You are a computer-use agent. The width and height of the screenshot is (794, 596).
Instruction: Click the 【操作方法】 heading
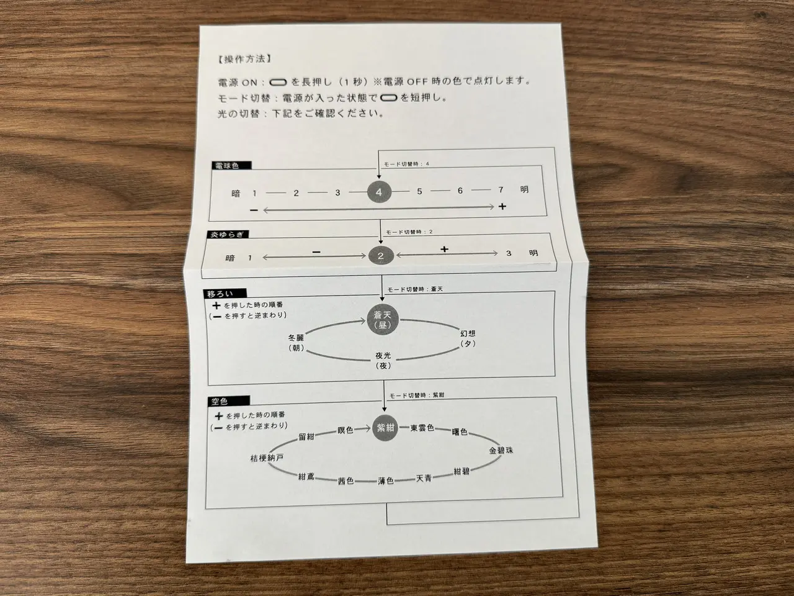[244, 59]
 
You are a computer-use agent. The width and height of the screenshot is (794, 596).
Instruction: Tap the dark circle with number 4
[379, 192]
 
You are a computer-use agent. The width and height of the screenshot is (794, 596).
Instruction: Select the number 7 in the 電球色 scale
[501, 189]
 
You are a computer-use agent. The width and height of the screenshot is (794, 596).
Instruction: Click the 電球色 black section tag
[231, 166]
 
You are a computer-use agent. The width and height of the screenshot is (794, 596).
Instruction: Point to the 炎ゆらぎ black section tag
[228, 235]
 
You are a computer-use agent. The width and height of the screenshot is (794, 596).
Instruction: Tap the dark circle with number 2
[380, 256]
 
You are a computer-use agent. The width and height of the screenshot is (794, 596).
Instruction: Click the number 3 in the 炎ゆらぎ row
[509, 253]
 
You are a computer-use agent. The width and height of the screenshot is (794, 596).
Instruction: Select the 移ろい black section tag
[225, 294]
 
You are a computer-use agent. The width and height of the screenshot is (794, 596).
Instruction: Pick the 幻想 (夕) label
[468, 338]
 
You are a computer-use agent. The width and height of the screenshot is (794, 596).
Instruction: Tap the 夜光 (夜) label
[383, 361]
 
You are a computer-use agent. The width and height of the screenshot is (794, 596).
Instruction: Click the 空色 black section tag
[229, 401]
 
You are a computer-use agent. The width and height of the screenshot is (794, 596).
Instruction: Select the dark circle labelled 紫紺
[385, 428]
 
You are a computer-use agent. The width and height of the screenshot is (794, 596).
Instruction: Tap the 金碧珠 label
[501, 451]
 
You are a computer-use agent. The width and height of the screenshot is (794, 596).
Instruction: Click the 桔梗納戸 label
[267, 458]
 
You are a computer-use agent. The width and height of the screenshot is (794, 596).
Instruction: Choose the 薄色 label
[386, 481]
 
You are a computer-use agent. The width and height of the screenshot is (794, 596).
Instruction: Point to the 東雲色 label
[422, 428]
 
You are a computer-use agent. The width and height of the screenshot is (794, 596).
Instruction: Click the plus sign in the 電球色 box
[502, 206]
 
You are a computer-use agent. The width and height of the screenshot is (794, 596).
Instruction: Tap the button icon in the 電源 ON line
[278, 83]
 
